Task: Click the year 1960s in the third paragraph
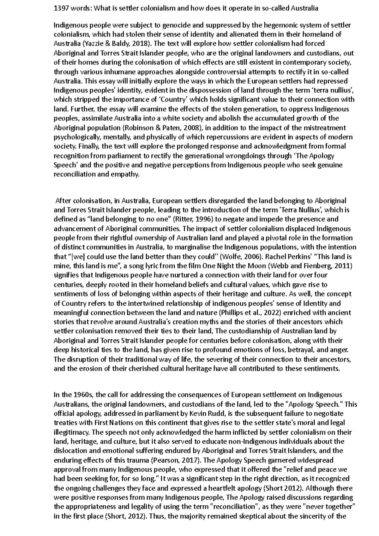point(83,395)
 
